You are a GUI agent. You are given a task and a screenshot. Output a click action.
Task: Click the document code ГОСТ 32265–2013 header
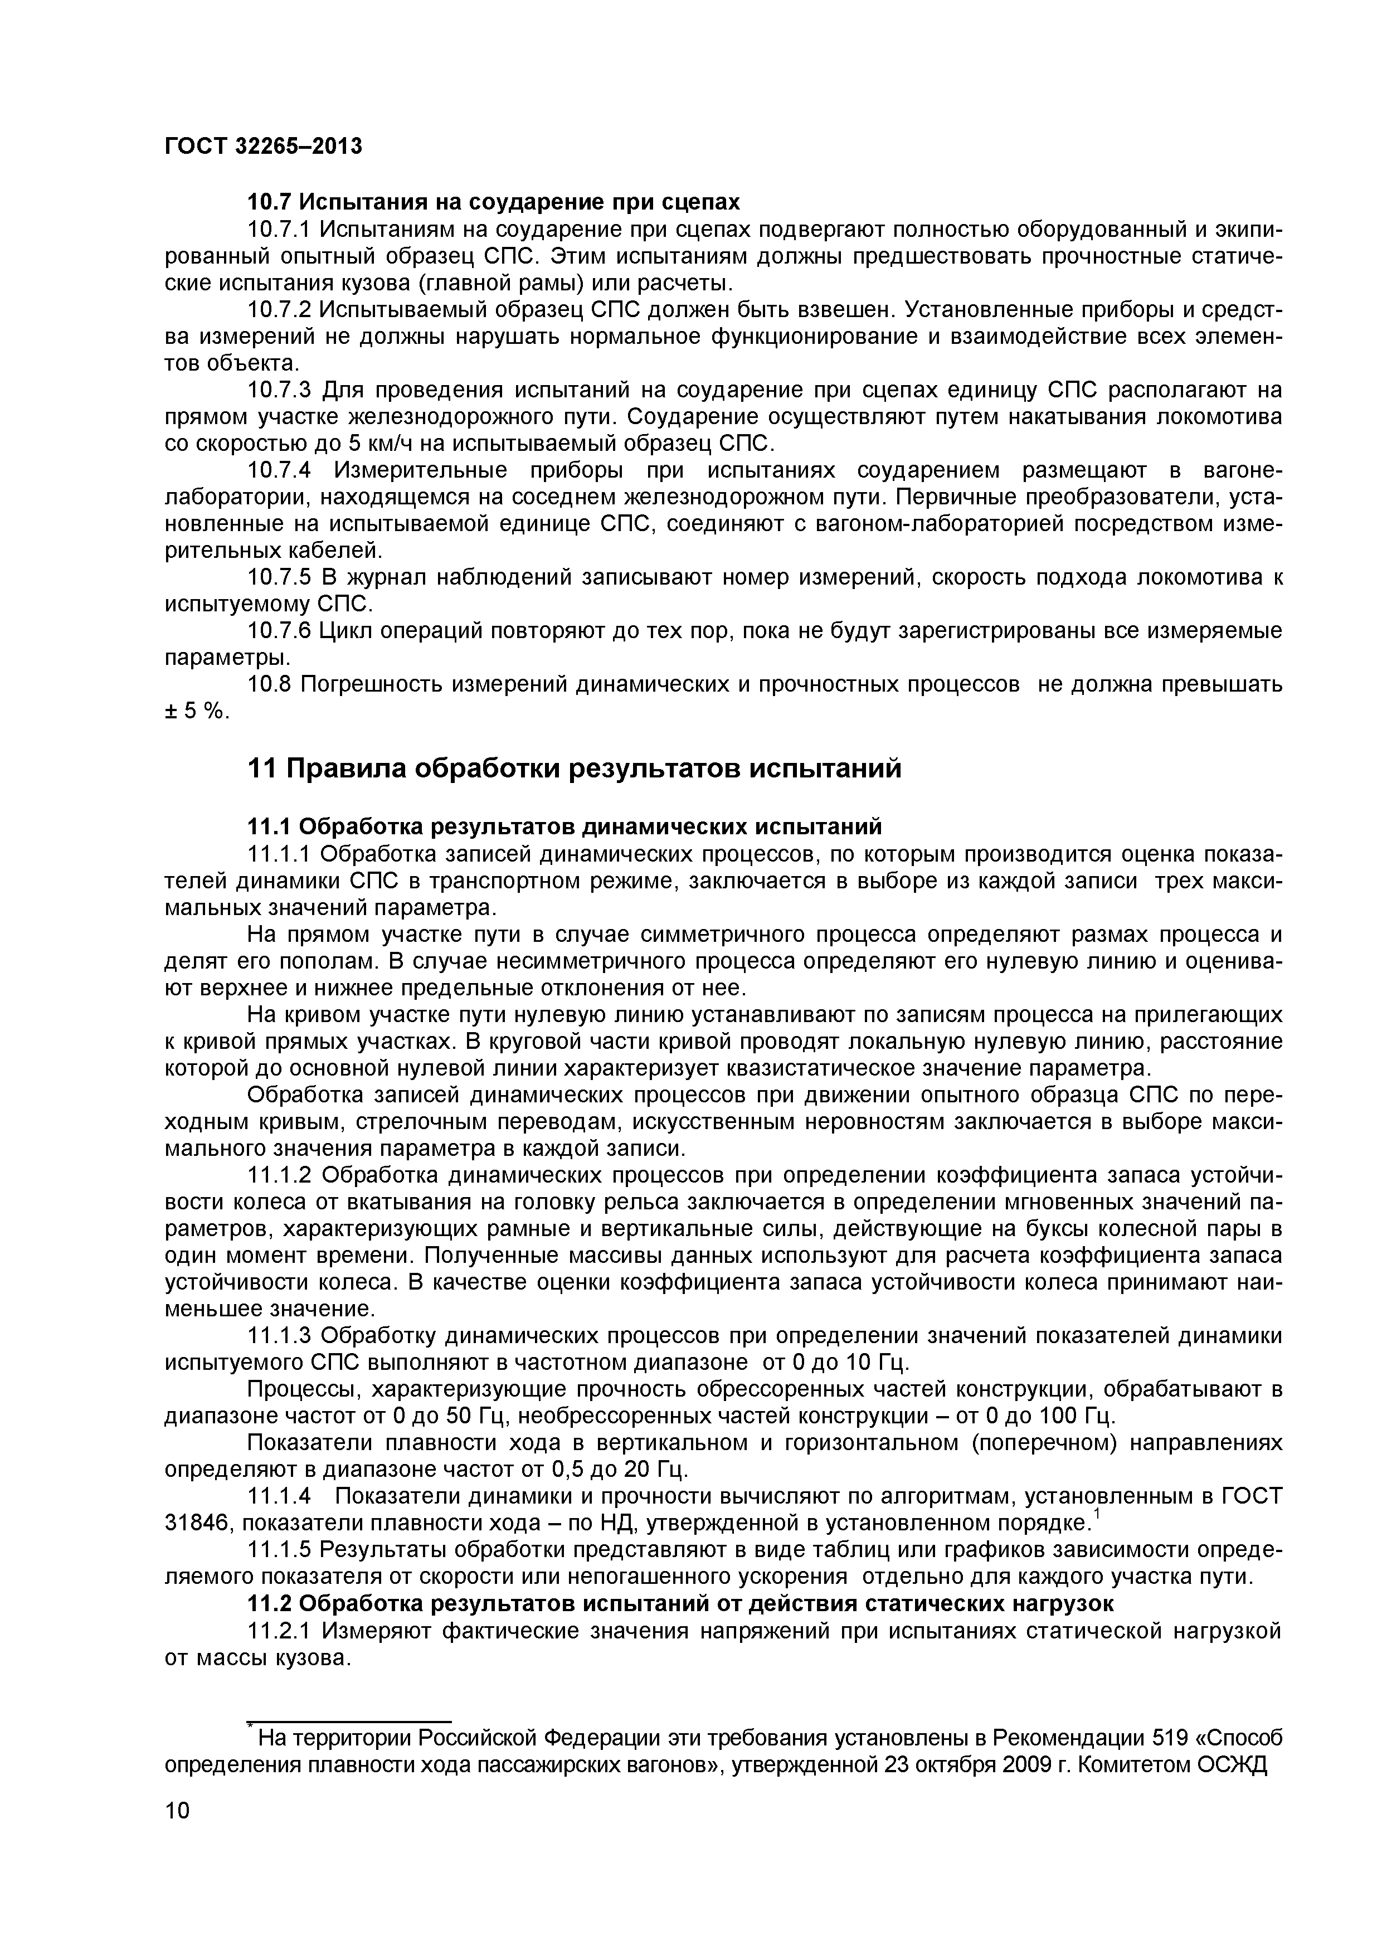click(262, 147)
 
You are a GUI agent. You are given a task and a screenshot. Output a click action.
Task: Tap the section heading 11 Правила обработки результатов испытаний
click(573, 769)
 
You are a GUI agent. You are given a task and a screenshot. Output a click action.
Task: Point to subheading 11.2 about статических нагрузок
click(679, 1603)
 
